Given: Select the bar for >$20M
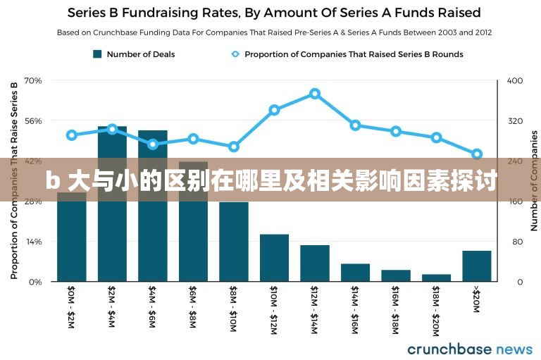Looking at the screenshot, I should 477,266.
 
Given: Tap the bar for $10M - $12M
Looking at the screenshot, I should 274,258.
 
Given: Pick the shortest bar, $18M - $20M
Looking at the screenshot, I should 436,278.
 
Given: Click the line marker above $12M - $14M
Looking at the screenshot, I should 315,94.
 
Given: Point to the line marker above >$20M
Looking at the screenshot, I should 477,154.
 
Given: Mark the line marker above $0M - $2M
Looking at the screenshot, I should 72,135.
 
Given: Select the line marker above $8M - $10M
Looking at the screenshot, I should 234,147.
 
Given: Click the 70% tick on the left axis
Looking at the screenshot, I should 33,81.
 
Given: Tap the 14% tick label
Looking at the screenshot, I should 33,242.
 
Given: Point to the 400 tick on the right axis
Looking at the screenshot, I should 515,81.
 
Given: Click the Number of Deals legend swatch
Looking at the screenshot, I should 98,54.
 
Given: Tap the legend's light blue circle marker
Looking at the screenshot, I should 235,54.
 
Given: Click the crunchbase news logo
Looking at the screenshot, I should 470,349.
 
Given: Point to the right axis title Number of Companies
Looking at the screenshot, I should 534,180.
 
